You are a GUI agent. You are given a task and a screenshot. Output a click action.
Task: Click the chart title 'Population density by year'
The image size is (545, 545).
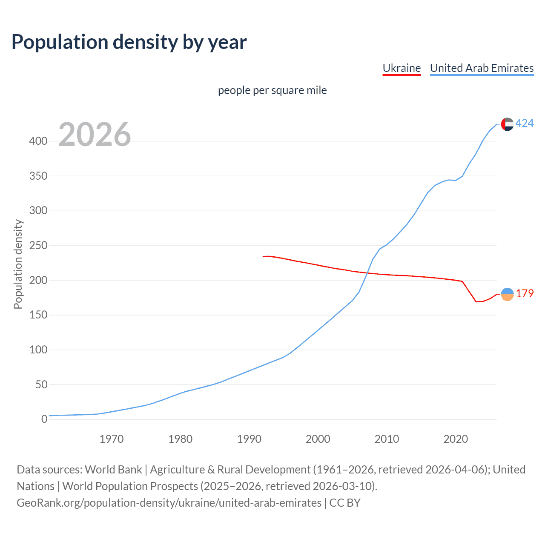point(129,42)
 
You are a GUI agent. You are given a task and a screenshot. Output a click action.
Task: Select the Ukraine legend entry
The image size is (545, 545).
point(402,68)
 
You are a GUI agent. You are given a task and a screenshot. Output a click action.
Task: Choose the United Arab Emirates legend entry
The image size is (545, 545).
point(482,68)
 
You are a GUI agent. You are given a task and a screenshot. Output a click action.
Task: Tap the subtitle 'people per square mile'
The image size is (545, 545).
point(272,90)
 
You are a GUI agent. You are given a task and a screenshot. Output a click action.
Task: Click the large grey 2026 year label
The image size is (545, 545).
point(95,135)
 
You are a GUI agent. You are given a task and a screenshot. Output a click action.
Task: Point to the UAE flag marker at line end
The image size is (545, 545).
point(507,124)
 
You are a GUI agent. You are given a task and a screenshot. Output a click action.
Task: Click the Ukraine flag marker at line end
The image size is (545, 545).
point(507,294)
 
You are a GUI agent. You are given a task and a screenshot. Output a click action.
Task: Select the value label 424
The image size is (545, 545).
point(525,123)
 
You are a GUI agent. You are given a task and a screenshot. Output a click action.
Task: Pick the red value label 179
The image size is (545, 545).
point(525,294)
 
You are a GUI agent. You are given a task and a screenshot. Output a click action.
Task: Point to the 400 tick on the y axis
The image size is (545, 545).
point(38,141)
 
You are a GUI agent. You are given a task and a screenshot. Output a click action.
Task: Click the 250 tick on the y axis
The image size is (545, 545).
point(38,246)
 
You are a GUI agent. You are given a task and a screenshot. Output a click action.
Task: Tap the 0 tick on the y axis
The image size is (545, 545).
point(44,419)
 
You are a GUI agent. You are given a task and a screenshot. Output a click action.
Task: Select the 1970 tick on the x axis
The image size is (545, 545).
point(112,439)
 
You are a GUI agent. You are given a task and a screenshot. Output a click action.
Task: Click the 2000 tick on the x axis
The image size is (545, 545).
point(318,439)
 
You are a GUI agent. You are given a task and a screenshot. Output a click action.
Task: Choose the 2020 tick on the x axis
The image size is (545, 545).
point(456,439)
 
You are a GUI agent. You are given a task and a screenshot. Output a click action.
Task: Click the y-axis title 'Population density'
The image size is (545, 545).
point(18,264)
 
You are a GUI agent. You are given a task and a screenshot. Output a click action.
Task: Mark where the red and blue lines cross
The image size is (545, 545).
point(367,273)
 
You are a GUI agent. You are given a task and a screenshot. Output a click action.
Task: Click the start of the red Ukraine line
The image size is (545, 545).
point(263,256)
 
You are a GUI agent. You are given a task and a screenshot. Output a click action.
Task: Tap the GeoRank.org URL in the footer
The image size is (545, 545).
point(169,503)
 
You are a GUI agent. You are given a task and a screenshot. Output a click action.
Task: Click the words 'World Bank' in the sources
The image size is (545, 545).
point(113,470)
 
